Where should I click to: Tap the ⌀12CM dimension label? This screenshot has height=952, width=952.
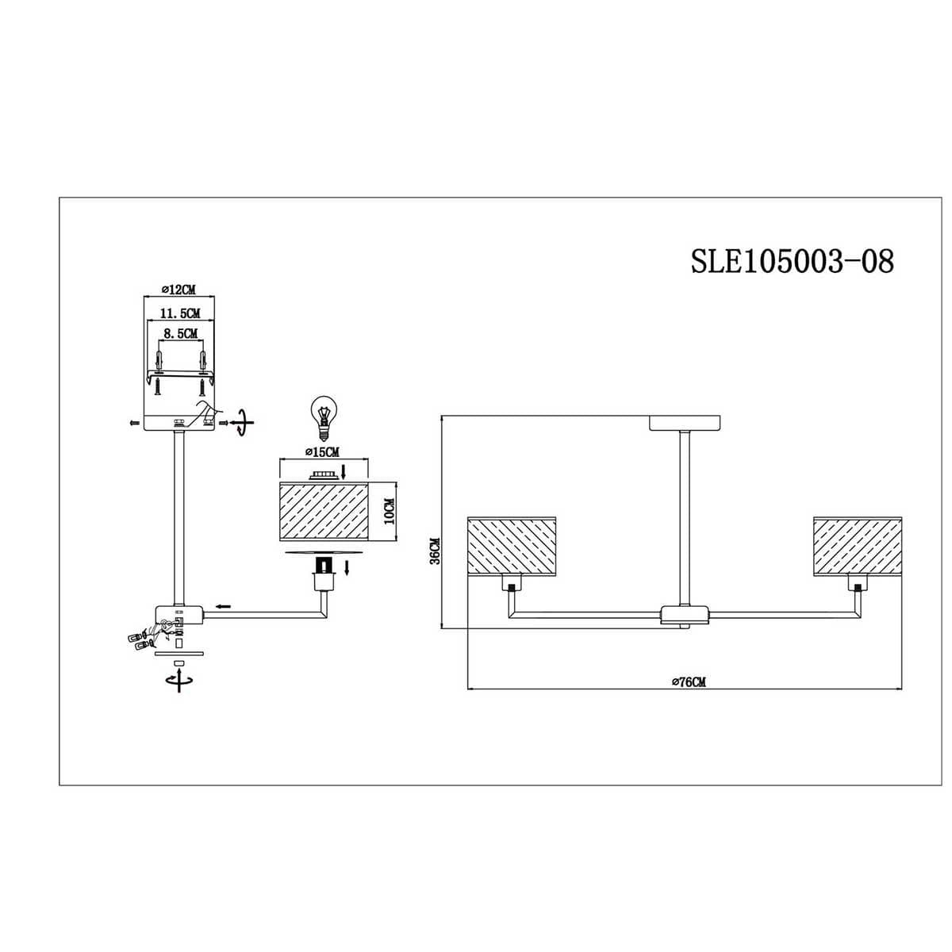coord(178,290)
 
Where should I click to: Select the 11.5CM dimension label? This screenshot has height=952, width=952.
coord(179,313)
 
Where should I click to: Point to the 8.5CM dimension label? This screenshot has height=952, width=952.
coord(180,334)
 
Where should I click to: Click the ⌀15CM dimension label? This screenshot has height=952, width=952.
coord(322,451)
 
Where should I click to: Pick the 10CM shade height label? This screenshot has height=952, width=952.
coord(390,512)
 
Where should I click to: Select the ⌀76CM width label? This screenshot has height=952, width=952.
coord(689,682)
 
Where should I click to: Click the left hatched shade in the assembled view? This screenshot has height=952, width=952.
coord(512,545)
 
